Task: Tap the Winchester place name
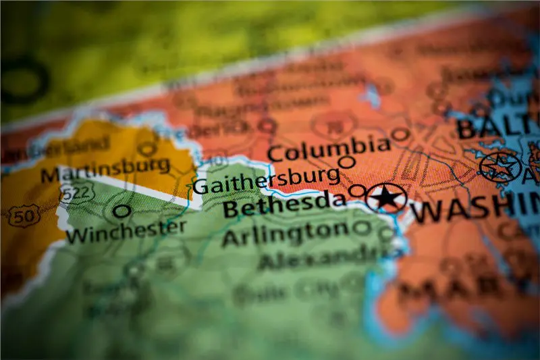point(126,231)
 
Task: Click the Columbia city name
point(329,147)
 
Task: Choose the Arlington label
point(285,234)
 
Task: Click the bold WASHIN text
point(475,209)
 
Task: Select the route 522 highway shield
point(75,195)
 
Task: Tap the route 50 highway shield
point(24,215)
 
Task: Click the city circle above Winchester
point(122,211)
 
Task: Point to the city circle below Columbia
point(346,162)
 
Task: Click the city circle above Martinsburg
point(147,149)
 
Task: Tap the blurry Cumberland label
point(74,146)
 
